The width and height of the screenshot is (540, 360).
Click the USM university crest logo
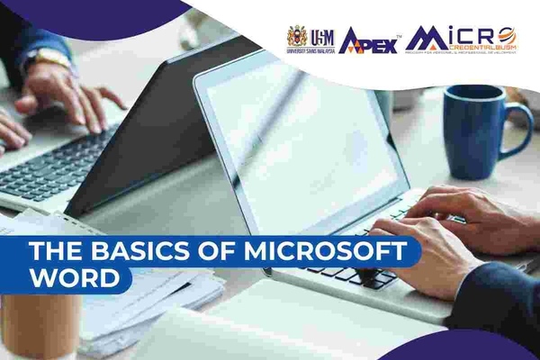pyautogui.click(x=297, y=37)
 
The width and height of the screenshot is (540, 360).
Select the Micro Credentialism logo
pyautogui.click(x=460, y=38)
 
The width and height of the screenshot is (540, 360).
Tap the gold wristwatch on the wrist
pyautogui.click(x=52, y=58)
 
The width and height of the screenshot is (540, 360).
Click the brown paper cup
pyautogui.click(x=40, y=325)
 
